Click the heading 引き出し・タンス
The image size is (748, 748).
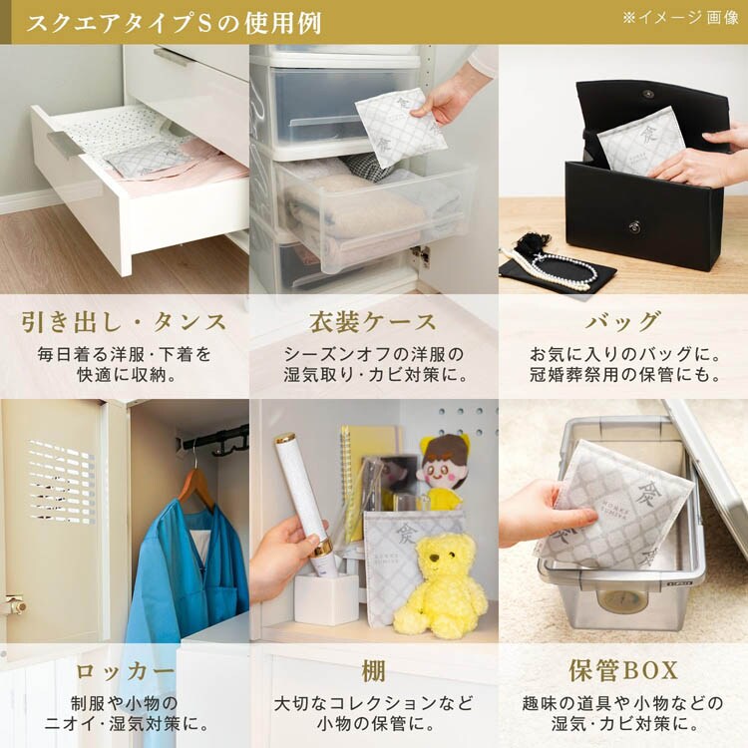pos(124,322)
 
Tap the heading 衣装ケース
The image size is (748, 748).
pos(373,322)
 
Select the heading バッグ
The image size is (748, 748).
pos(623,322)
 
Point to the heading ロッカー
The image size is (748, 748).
pos(125,671)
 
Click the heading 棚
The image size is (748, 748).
pos(373,671)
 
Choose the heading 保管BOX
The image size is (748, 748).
pos(623,671)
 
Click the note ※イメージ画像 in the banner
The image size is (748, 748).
pos(680,18)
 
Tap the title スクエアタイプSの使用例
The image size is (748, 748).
pos(174,23)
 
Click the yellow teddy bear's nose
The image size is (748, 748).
pos(434,558)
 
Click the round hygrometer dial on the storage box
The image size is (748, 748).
pos(623,601)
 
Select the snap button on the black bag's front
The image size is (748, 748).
pos(634,226)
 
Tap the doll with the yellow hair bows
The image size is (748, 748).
pos(441,470)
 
